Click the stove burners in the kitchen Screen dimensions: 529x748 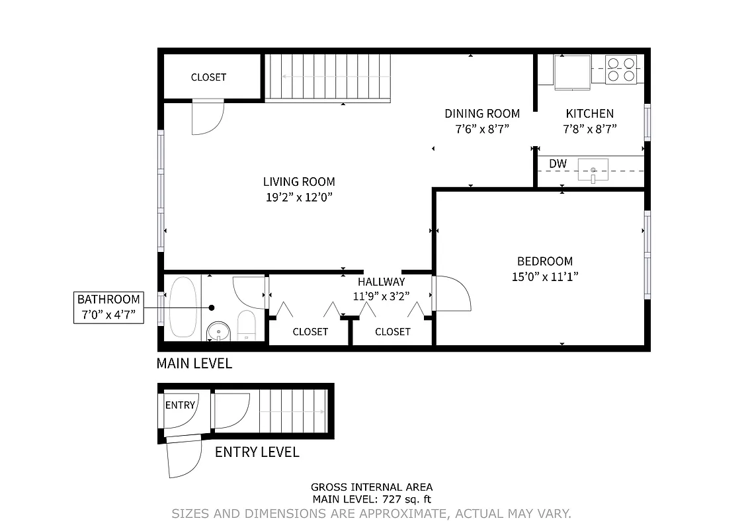click(x=622, y=69)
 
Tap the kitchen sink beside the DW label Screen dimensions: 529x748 click(x=593, y=171)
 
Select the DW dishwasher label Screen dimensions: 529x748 click(x=557, y=163)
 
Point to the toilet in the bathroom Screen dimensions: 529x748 click(x=246, y=325)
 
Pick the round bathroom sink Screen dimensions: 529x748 click(x=216, y=329)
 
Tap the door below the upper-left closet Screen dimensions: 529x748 click(x=207, y=118)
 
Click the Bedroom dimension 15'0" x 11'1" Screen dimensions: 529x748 click(x=545, y=277)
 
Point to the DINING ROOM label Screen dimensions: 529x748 click(x=481, y=114)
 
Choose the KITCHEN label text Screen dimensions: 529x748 click(x=589, y=114)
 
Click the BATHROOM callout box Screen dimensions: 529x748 click(x=108, y=307)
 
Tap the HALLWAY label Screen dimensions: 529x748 click(x=381, y=282)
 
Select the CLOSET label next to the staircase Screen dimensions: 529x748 click(x=208, y=77)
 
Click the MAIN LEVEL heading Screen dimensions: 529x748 click(x=194, y=363)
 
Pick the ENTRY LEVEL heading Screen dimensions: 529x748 click(x=257, y=452)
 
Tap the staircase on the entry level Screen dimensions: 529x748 click(x=293, y=411)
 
